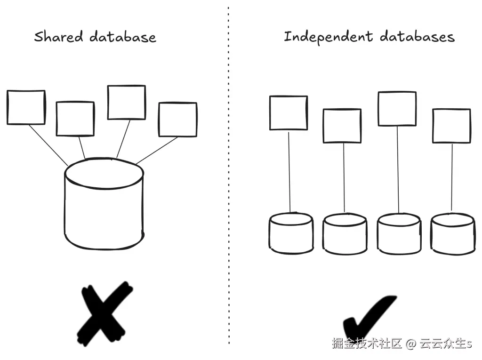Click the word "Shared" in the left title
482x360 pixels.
click(58, 37)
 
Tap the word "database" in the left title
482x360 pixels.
click(123, 37)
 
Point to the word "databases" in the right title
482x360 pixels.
click(417, 37)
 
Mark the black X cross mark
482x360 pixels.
click(104, 313)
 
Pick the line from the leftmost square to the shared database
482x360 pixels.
click(48, 145)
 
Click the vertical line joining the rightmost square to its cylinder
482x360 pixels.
click(452, 177)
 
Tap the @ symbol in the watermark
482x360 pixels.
click(410, 344)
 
